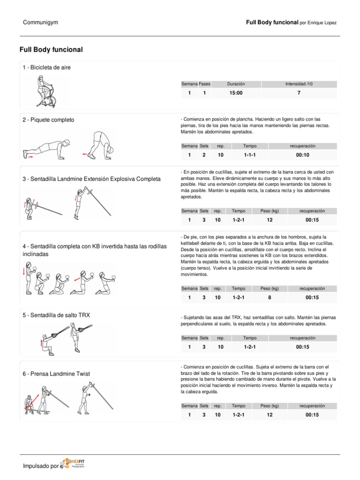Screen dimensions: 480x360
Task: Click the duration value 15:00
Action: (x=236, y=93)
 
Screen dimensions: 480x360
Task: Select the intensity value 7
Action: (x=299, y=93)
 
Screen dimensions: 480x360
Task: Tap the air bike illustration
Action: (x=45, y=93)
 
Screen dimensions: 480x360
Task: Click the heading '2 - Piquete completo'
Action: (x=48, y=120)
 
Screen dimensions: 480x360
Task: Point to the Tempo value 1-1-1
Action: (x=249, y=155)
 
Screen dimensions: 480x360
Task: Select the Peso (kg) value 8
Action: (x=269, y=297)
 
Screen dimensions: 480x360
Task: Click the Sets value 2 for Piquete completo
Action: (x=204, y=155)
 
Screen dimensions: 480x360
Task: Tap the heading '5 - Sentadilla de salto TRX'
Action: (x=56, y=315)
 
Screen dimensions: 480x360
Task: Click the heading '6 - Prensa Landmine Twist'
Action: (x=56, y=374)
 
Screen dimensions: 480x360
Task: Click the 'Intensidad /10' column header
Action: (x=299, y=84)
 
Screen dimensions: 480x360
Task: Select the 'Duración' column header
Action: (x=236, y=84)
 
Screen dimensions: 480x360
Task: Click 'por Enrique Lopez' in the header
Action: (x=317, y=23)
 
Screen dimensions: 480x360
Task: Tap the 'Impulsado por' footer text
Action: (x=41, y=466)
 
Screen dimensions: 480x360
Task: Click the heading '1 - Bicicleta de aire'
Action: (x=47, y=67)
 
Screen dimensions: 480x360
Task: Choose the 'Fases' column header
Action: (x=204, y=84)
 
